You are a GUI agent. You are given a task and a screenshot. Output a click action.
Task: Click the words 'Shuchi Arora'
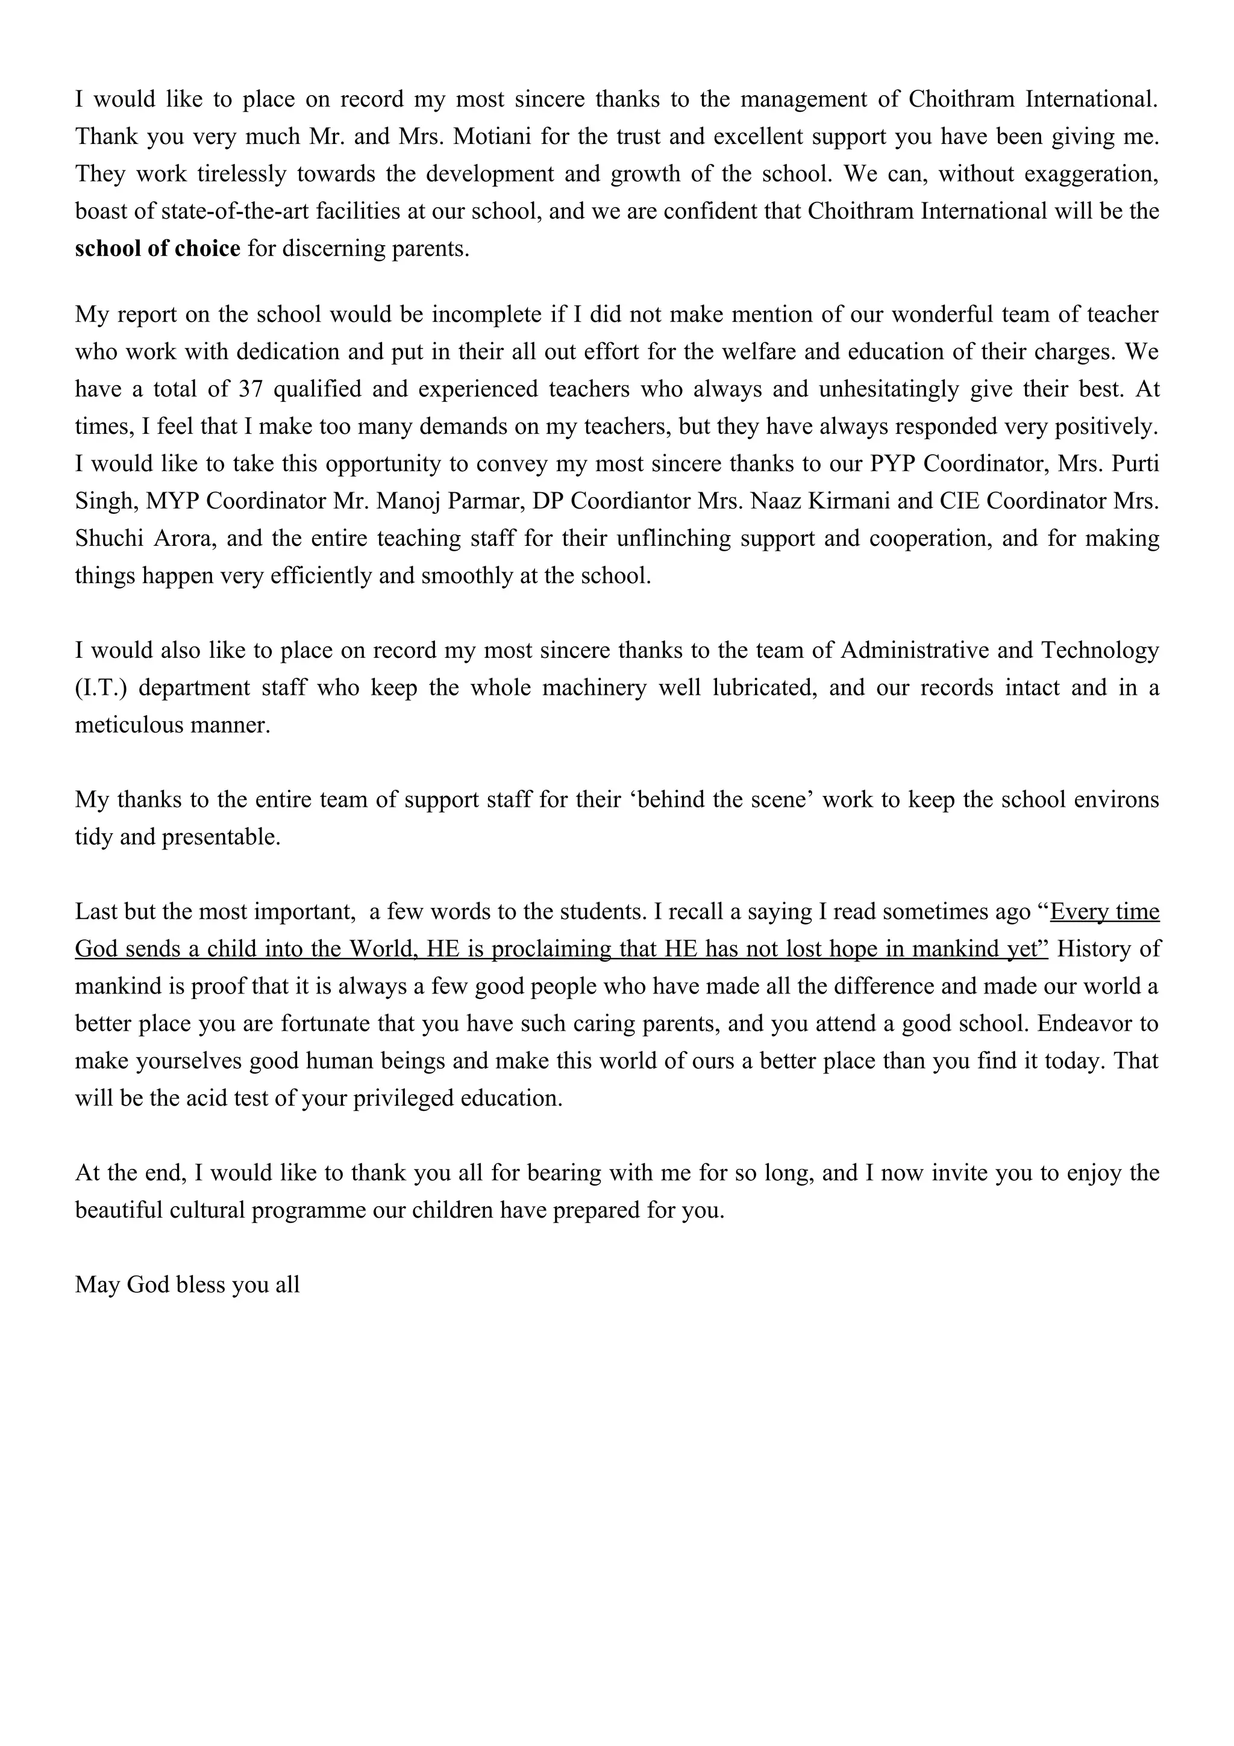coord(145,539)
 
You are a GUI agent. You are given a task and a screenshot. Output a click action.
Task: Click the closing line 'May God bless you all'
coord(187,1284)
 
